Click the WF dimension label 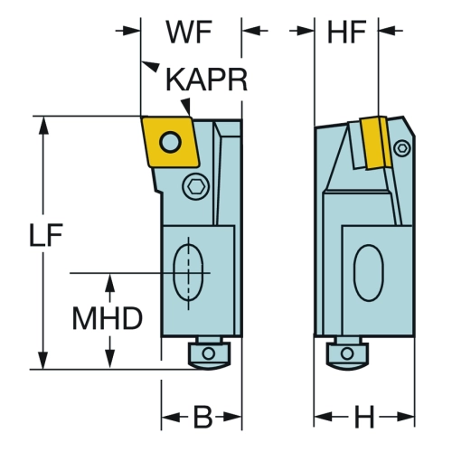[189, 32]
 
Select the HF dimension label [346, 32]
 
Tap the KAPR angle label [206, 80]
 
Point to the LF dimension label [46, 234]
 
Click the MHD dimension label [108, 318]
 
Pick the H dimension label [364, 417]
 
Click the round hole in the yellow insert [170, 142]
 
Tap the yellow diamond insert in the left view [170, 142]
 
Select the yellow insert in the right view [375, 142]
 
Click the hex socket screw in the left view [196, 187]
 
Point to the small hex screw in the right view [402, 148]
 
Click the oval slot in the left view [188, 273]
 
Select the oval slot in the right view [369, 273]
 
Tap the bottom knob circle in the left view [209, 353]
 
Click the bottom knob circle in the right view [347, 353]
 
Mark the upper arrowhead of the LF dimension [44, 125]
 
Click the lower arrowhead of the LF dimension [44, 360]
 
